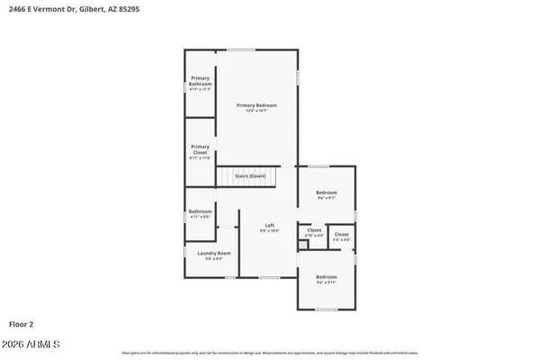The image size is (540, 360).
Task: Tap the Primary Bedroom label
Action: pyautogui.click(x=256, y=105)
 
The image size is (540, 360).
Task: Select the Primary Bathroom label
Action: pyautogui.click(x=200, y=81)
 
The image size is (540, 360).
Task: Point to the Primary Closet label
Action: pyautogui.click(x=200, y=149)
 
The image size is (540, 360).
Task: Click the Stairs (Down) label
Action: pyautogui.click(x=250, y=176)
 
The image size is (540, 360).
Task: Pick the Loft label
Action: pyautogui.click(x=269, y=225)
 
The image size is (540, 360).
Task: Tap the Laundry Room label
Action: pyautogui.click(x=214, y=254)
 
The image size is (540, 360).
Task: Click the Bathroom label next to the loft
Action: pyautogui.click(x=200, y=211)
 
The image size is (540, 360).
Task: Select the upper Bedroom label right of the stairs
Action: pyautogui.click(x=326, y=193)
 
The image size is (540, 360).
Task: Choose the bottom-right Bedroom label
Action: pyautogui.click(x=326, y=276)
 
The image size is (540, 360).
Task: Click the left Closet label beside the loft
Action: pyautogui.click(x=314, y=230)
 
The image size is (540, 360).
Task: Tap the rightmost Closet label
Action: pyautogui.click(x=342, y=234)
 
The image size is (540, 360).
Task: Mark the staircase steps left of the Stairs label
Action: pyautogui.click(x=226, y=177)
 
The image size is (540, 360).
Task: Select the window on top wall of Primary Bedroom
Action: pyautogui.click(x=240, y=49)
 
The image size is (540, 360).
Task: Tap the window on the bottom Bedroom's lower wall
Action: pyautogui.click(x=328, y=309)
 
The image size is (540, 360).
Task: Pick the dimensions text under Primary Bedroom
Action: pyautogui.click(x=256, y=112)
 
